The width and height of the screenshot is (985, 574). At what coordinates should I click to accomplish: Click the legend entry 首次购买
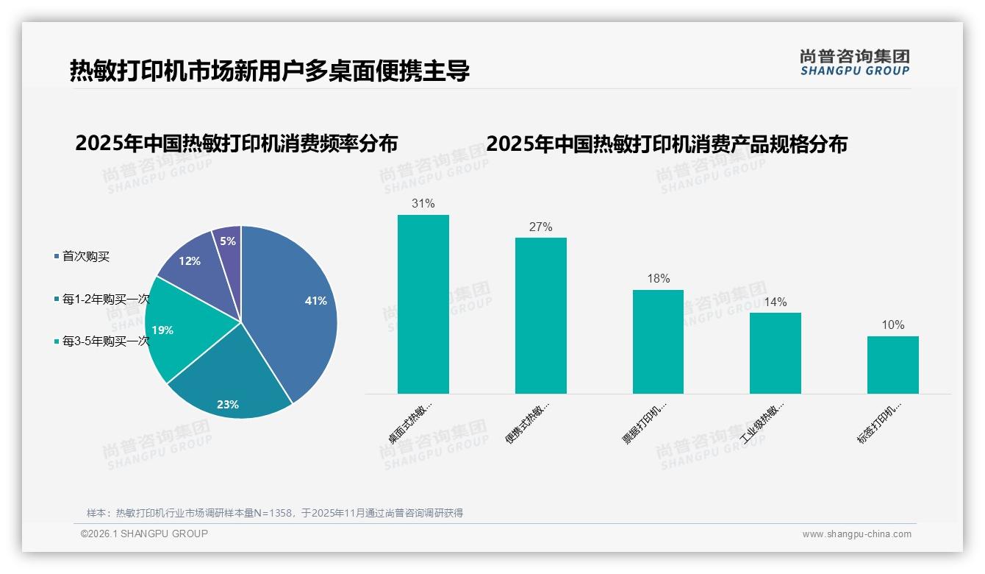[x=85, y=256]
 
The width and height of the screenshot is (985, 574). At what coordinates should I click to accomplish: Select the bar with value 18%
[x=658, y=341]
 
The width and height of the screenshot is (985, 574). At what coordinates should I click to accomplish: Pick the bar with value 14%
[x=776, y=353]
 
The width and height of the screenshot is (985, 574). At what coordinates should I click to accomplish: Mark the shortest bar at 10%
[x=892, y=364]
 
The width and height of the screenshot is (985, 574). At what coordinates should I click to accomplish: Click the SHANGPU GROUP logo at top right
[x=854, y=62]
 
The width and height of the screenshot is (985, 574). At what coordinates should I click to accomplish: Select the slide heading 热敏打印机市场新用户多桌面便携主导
[x=269, y=71]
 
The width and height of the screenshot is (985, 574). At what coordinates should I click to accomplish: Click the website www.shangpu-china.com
[x=856, y=534]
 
